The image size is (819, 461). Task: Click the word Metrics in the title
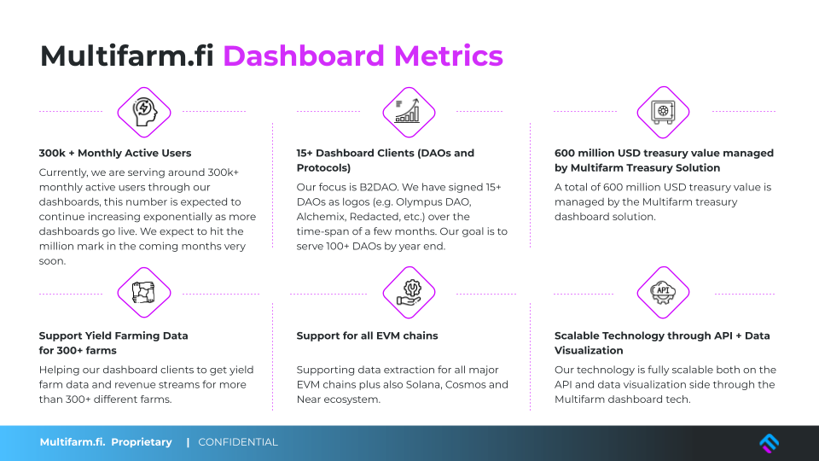tap(449, 56)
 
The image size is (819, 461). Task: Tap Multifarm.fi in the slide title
tap(127, 56)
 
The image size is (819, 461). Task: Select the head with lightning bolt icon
tap(144, 112)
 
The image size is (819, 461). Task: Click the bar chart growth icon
tap(409, 111)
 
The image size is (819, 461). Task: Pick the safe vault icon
tap(663, 112)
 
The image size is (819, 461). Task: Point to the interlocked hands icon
tap(143, 293)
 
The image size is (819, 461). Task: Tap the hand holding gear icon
tap(409, 292)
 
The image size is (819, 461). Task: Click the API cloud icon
tap(663, 292)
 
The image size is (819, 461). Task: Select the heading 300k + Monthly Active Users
tap(115, 153)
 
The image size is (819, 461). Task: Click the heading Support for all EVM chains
tap(367, 336)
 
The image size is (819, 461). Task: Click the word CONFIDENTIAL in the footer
tap(238, 442)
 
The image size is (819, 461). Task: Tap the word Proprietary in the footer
tap(142, 442)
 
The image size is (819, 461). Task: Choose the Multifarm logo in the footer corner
tap(769, 443)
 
